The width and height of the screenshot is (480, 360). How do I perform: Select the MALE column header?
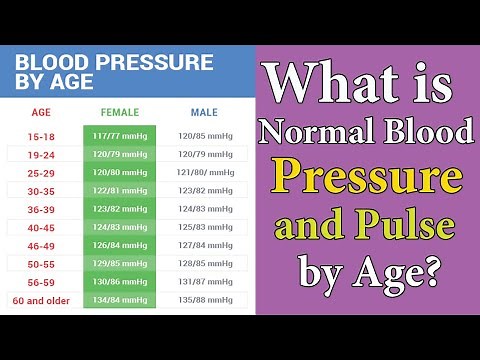coord(204,113)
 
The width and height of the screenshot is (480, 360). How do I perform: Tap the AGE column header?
coord(42,113)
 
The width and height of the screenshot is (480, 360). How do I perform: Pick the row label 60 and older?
coord(42,299)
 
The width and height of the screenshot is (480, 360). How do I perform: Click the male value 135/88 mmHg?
coord(204,299)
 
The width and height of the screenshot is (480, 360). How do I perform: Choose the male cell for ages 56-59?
coord(204,281)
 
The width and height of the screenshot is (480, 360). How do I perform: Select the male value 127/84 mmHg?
coord(204,245)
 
